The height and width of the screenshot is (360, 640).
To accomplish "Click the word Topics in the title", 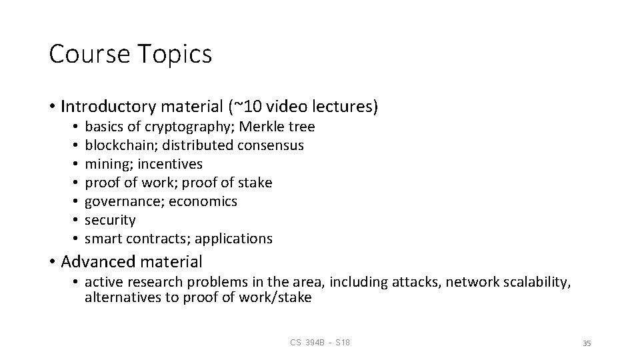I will tap(176, 55).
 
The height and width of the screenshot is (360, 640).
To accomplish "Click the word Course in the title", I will tap(90, 55).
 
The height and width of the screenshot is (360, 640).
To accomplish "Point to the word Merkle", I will tap(265, 127).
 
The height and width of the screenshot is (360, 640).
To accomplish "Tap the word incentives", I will tap(170, 164).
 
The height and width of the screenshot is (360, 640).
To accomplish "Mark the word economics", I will tap(203, 201).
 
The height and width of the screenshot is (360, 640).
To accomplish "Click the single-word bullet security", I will tap(110, 220).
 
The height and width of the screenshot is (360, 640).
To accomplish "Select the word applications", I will tap(233, 239).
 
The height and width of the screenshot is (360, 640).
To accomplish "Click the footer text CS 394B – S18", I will tap(320, 343).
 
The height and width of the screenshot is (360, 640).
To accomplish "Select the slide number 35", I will tap(587, 343).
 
